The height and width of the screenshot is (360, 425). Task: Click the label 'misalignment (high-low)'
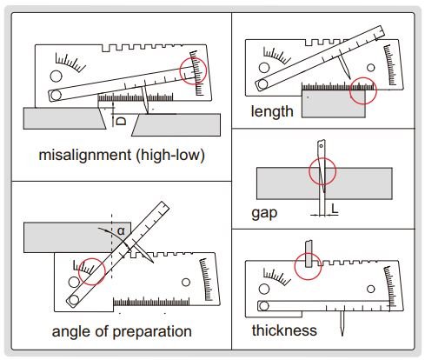(122, 155)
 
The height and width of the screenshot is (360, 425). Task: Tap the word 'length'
(272, 111)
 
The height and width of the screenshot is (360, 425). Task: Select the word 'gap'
(264, 214)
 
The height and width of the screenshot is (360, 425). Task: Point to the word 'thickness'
(284, 330)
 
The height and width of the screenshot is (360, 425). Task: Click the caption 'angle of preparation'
(122, 331)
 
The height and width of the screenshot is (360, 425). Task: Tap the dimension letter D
(121, 121)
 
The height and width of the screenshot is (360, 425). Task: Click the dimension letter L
(335, 209)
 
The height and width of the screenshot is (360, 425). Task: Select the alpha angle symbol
(121, 231)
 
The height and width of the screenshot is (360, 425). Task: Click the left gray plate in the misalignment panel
(63, 118)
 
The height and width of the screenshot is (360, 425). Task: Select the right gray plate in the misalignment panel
(176, 125)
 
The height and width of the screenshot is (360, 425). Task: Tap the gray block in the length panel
(333, 103)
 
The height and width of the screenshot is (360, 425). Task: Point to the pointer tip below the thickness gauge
(342, 336)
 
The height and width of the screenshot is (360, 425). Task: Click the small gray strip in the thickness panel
(309, 254)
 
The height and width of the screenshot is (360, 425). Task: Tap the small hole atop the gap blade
(321, 146)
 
